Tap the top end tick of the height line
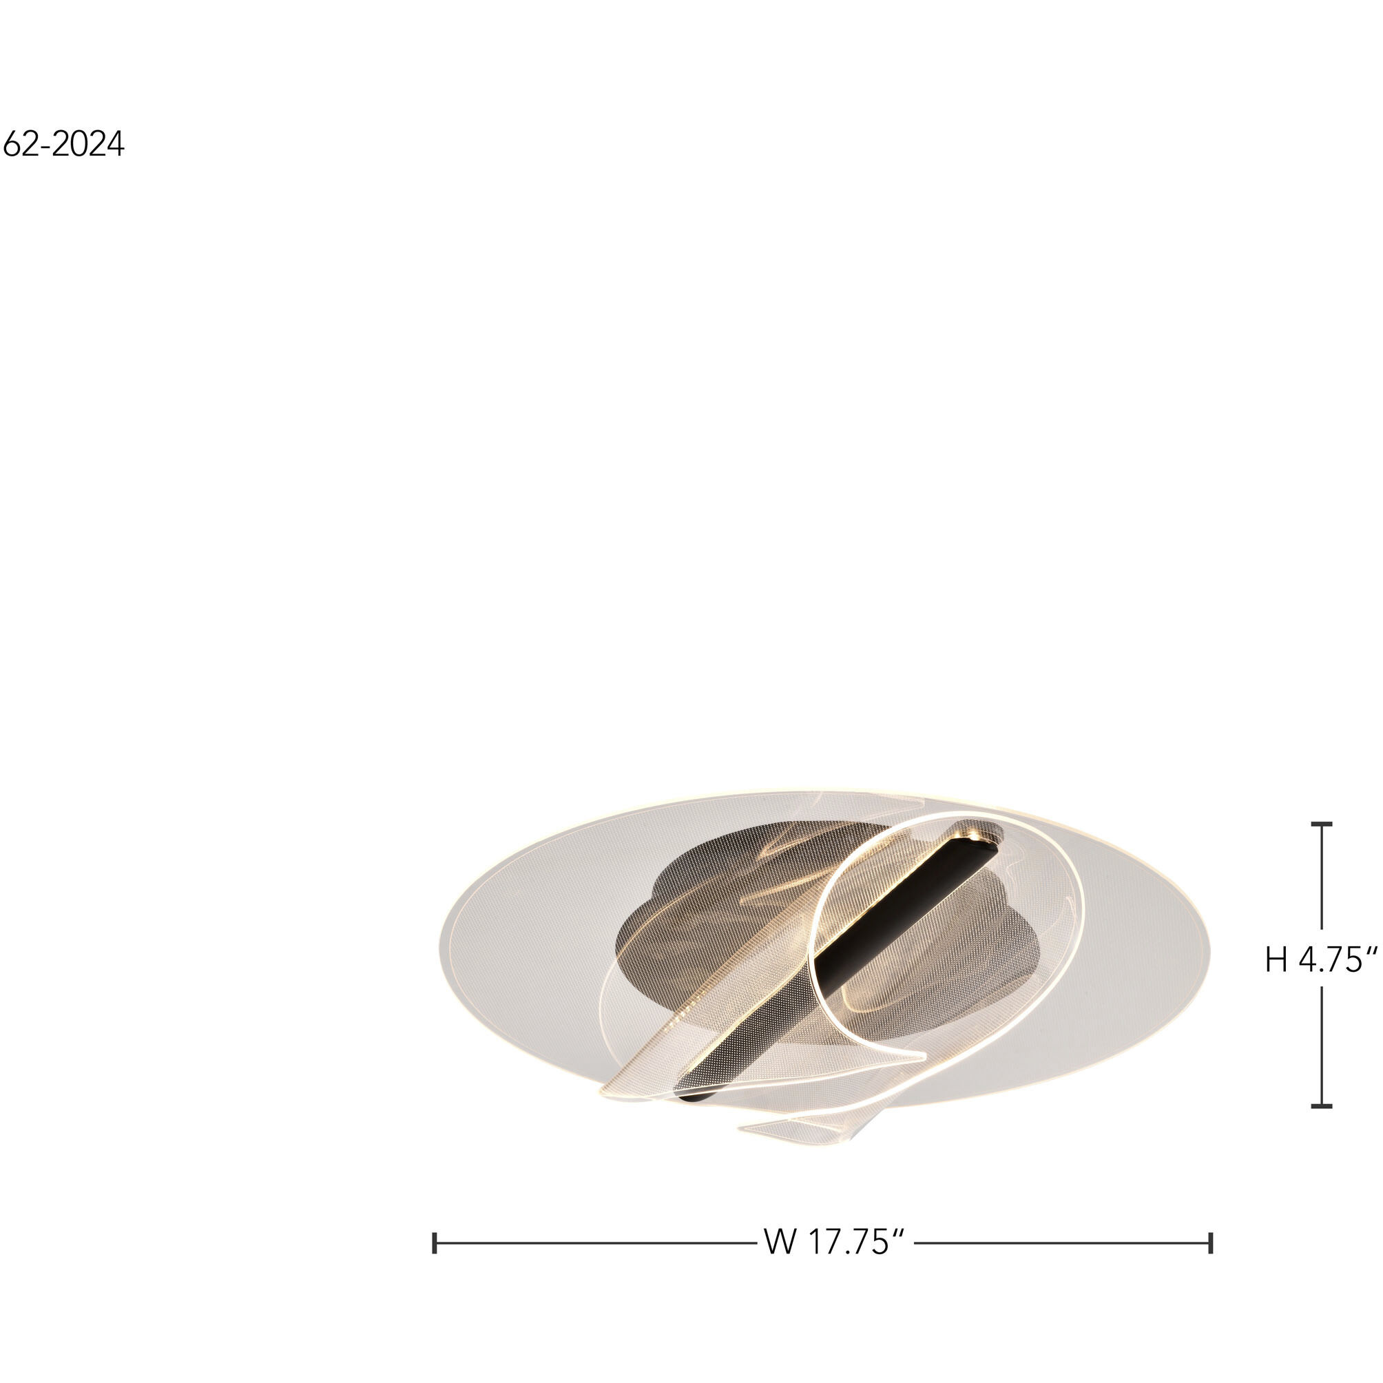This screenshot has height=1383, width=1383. (1322, 824)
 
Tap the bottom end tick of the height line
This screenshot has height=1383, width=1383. (1322, 1106)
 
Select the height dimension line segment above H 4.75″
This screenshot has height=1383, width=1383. (1322, 877)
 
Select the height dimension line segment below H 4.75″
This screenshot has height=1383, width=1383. (1322, 1045)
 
